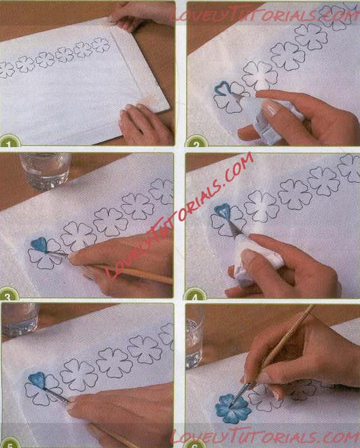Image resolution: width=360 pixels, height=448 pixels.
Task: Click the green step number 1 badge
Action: click(9, 141)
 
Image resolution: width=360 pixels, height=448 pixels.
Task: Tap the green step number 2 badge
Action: click(196, 141)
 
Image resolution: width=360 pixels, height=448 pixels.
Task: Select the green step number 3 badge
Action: click(8, 292)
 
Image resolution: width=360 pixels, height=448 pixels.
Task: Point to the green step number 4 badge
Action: click(195, 293)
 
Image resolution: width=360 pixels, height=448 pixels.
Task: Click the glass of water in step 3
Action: click(45, 171)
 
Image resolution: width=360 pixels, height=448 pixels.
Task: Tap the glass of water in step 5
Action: click(20, 319)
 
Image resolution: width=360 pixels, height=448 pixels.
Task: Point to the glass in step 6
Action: click(195, 337)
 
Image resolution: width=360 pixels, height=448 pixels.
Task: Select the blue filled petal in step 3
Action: click(39, 245)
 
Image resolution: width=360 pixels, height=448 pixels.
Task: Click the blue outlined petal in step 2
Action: click(221, 88)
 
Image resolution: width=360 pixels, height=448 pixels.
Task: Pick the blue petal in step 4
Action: click(223, 211)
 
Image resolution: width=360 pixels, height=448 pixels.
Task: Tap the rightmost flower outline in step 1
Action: click(101, 45)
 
